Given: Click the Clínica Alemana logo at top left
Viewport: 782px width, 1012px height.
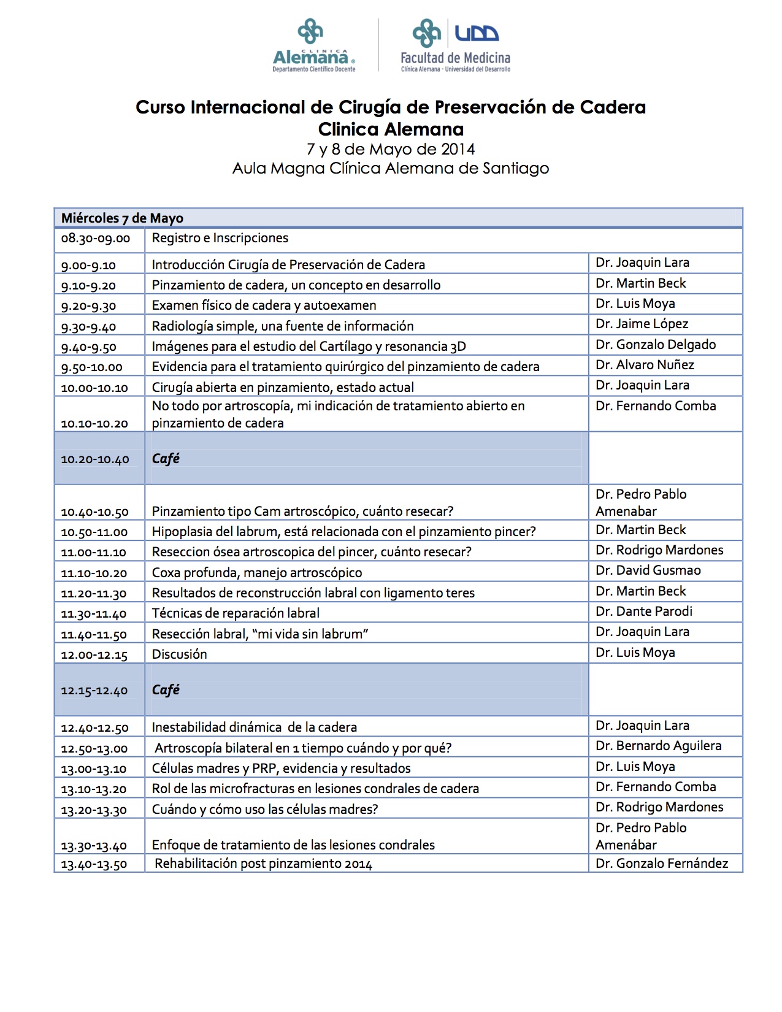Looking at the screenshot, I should tap(313, 46).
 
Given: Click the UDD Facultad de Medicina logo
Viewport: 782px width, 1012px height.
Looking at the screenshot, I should tap(455, 46).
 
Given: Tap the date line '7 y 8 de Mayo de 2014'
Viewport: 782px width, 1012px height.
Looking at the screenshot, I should tap(391, 149).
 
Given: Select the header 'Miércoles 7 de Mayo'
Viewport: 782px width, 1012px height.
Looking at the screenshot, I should tap(122, 218).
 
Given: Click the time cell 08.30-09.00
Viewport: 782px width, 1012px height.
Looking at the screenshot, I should tap(96, 238).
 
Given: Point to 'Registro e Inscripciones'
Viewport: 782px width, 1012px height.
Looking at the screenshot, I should tap(220, 238).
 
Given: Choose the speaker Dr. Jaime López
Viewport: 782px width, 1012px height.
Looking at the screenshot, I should tap(642, 324).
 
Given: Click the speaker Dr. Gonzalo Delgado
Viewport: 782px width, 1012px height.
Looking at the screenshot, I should tap(656, 345).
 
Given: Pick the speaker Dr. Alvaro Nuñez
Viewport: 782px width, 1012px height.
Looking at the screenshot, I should tap(645, 365).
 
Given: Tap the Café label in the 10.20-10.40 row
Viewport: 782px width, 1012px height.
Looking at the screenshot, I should tap(166, 459).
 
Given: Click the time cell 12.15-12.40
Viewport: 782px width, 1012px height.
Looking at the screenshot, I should tap(94, 691).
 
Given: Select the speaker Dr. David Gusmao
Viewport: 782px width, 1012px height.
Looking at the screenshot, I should tap(648, 570).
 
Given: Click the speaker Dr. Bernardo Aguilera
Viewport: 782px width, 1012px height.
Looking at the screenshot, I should tap(658, 746).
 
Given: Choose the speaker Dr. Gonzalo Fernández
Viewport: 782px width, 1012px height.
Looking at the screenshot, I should tap(662, 864).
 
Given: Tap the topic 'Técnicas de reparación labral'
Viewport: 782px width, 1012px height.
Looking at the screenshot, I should tap(236, 613).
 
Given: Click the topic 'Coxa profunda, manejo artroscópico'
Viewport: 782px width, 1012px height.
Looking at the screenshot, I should tap(257, 573).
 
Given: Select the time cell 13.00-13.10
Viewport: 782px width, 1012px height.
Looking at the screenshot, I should tap(94, 769).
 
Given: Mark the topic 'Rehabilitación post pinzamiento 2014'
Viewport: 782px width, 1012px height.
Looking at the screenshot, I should tap(263, 864).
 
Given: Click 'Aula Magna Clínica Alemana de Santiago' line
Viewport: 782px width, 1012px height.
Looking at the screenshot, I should tap(391, 168).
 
